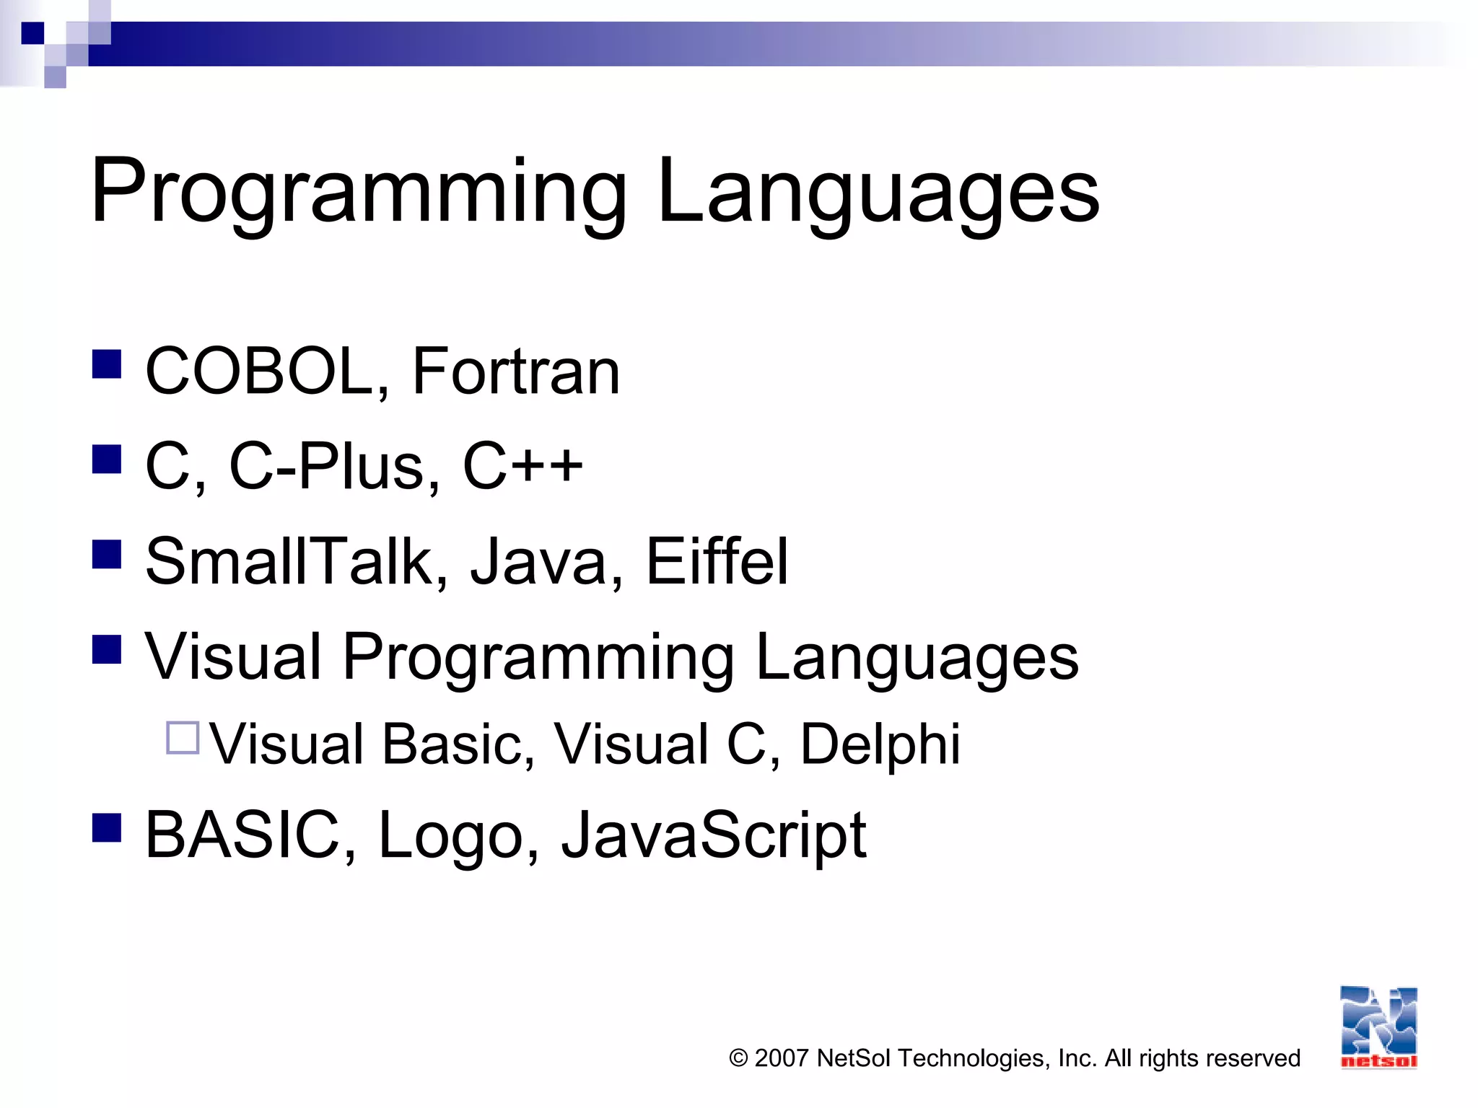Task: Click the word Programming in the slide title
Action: click(359, 192)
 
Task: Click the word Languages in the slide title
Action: click(878, 192)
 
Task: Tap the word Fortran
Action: click(515, 371)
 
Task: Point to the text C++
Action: click(522, 466)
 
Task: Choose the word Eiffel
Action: click(716, 561)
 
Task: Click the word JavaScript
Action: click(714, 835)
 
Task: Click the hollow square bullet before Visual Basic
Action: click(183, 738)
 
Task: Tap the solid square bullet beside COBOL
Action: click(107, 364)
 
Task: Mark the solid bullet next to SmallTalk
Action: click(107, 555)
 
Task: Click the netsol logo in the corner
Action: click(1378, 1027)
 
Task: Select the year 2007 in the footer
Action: click(781, 1058)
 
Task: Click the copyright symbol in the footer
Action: click(738, 1058)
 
